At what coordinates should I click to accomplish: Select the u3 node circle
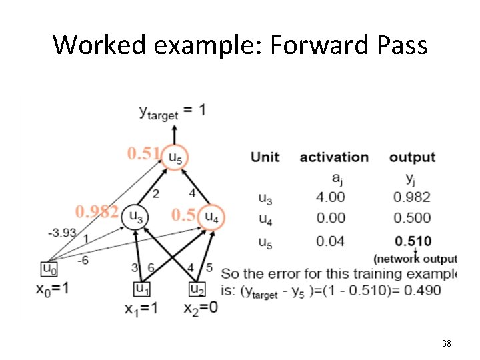click(x=135, y=215)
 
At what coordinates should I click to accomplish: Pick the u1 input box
click(x=141, y=289)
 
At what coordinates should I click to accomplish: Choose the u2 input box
click(x=197, y=289)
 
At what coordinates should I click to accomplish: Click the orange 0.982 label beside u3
click(x=97, y=212)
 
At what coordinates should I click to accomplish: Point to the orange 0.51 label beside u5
click(x=143, y=154)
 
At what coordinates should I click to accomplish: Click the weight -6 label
click(x=82, y=260)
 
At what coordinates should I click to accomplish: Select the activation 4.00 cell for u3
click(x=331, y=197)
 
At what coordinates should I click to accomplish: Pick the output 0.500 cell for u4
click(x=412, y=218)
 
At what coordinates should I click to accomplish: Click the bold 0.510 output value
click(x=412, y=241)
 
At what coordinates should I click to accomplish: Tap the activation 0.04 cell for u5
click(x=331, y=241)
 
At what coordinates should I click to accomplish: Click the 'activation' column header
click(x=334, y=157)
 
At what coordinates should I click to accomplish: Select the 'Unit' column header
click(x=265, y=157)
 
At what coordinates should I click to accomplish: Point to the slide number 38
click(x=447, y=344)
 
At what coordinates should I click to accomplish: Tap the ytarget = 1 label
click(x=172, y=112)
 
